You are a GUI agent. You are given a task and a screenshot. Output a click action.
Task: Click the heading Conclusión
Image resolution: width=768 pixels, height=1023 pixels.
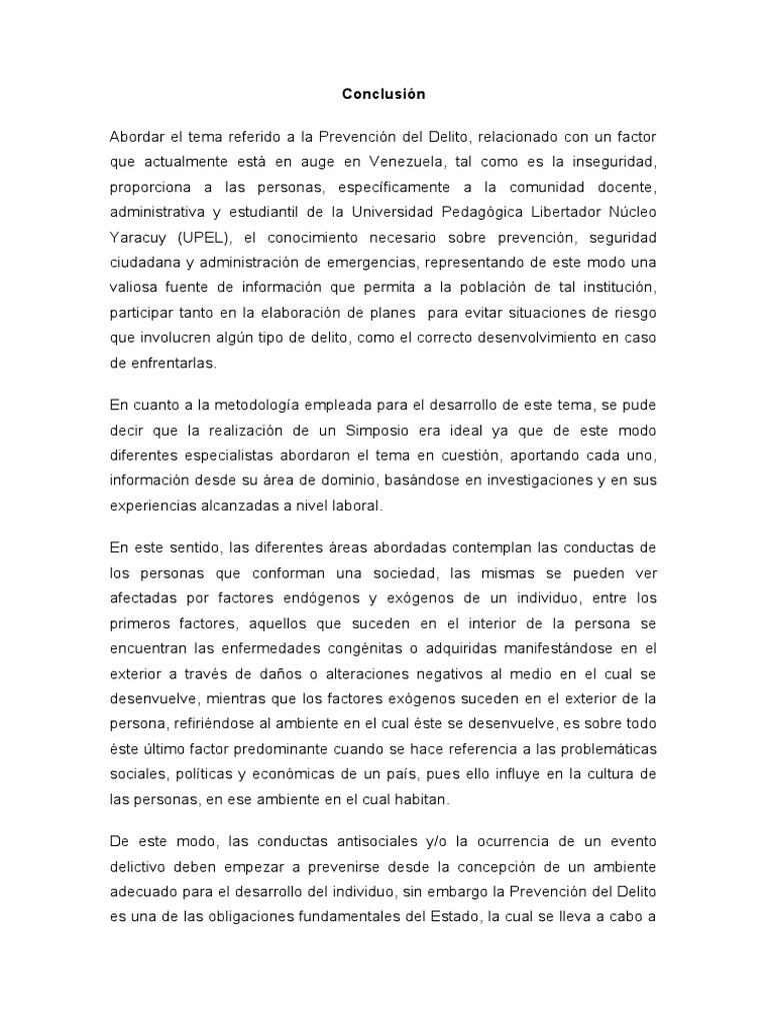(x=383, y=94)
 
